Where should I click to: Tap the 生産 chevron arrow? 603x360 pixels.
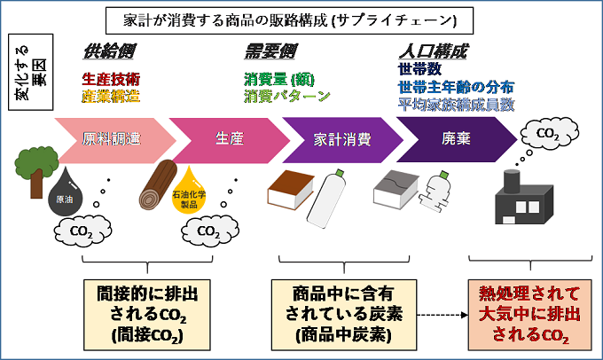coord(226,139)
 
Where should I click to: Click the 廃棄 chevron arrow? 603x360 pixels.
coord(453,139)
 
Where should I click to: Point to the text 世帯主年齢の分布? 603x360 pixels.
coord(452,88)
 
